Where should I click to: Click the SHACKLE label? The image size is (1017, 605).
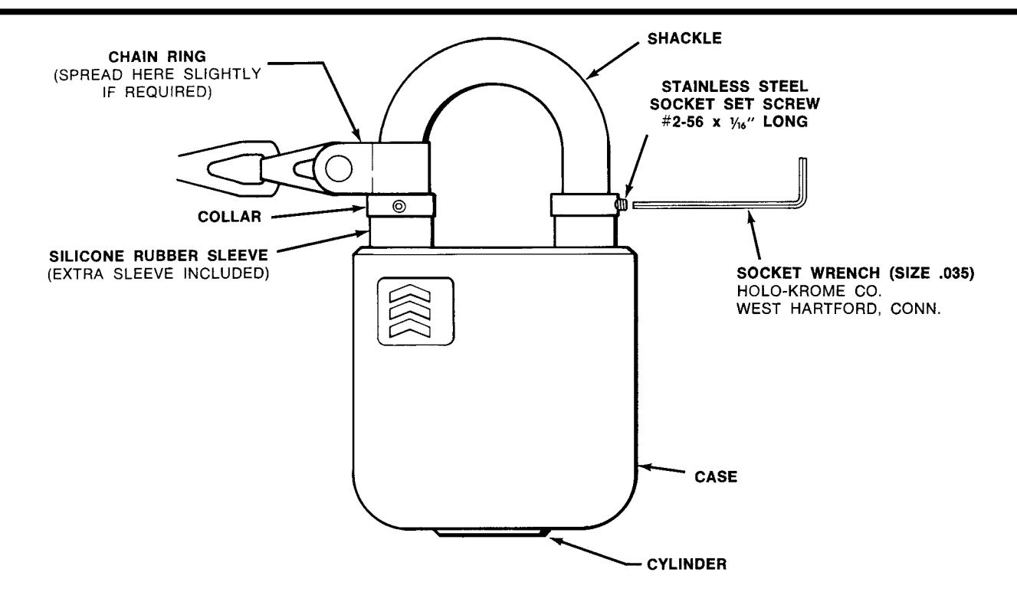click(684, 38)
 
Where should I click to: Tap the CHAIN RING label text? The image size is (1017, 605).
click(157, 57)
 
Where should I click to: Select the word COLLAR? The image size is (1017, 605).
click(229, 217)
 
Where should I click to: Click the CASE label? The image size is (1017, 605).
click(716, 476)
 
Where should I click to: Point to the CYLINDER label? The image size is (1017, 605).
click(687, 564)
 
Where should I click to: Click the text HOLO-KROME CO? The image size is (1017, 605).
click(809, 291)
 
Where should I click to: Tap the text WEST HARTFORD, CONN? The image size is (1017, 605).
click(838, 309)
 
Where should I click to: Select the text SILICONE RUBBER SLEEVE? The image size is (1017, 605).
click(159, 256)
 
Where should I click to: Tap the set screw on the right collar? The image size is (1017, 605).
click(622, 204)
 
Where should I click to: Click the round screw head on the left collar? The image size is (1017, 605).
click(399, 206)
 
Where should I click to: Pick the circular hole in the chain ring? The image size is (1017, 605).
click(338, 168)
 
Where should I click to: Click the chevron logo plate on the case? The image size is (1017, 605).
click(416, 311)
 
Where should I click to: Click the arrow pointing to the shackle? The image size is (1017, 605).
click(613, 60)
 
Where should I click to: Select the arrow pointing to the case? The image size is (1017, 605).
click(662, 469)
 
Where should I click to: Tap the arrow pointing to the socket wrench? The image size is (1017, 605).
click(753, 235)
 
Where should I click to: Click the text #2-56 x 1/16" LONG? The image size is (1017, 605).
click(735, 122)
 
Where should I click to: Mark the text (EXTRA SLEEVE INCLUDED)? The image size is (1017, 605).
click(159, 274)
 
